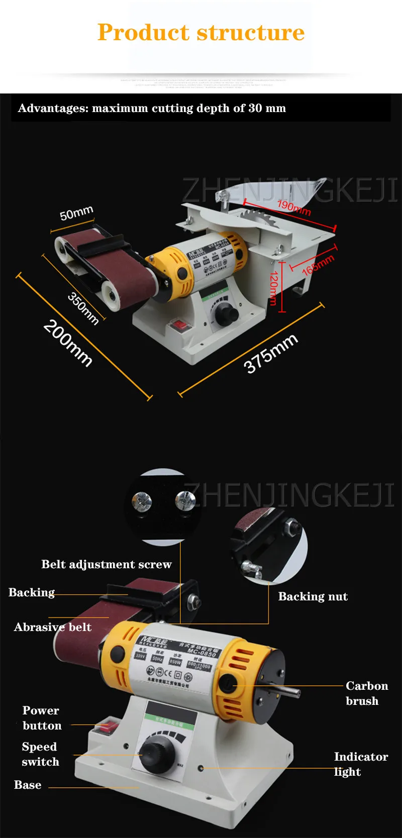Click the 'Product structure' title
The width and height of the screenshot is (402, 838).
(x=201, y=33)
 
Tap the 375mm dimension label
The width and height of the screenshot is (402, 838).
(x=271, y=354)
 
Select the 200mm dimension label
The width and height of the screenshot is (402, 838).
(x=68, y=343)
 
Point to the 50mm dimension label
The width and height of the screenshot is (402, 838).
(x=76, y=213)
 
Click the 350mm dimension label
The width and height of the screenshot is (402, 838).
(x=83, y=308)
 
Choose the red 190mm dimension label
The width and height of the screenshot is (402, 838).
(x=294, y=207)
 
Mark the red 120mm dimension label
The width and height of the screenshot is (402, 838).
(x=273, y=288)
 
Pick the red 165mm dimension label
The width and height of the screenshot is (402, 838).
(x=318, y=265)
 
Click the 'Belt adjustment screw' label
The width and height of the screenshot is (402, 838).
(x=107, y=564)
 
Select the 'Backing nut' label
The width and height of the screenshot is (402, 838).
(x=313, y=596)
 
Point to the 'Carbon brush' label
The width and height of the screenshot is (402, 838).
(x=366, y=693)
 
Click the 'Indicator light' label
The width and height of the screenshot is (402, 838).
(x=361, y=764)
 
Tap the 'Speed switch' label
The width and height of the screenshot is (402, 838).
(x=40, y=754)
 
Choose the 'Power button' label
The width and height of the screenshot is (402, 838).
(x=42, y=718)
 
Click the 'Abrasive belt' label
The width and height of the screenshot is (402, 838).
(x=53, y=627)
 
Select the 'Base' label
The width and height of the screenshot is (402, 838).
(x=28, y=785)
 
